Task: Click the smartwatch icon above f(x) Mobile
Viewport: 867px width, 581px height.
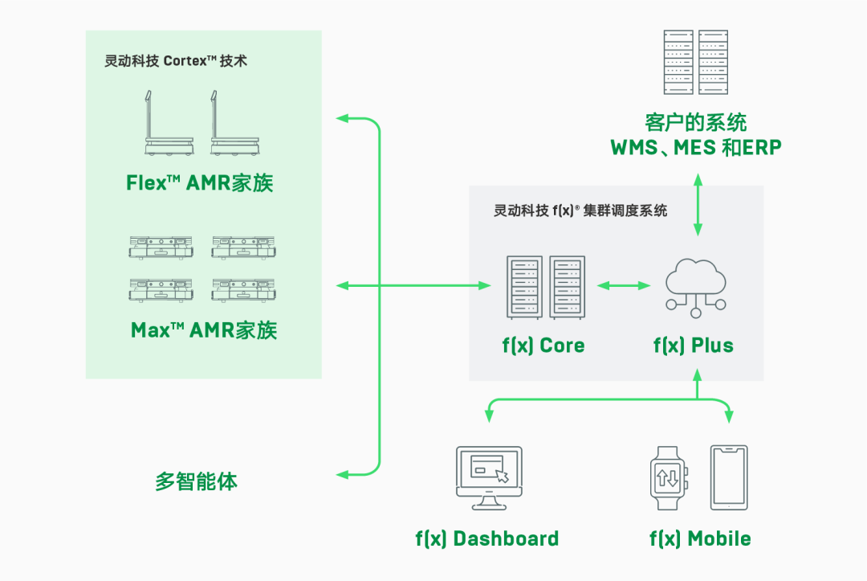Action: (668, 477)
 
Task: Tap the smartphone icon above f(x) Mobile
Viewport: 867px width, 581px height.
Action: (729, 477)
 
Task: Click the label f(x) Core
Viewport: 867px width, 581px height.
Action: (543, 346)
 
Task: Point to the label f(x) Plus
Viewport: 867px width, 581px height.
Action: (694, 346)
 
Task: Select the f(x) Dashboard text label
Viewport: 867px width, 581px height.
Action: (486, 538)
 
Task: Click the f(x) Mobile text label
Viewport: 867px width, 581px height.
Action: (700, 538)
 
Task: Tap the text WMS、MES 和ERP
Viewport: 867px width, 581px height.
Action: (696, 148)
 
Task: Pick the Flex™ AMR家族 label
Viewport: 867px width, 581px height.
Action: (200, 183)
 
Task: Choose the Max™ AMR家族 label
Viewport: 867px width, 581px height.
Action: (204, 330)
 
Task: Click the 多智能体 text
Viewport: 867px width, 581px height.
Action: (196, 482)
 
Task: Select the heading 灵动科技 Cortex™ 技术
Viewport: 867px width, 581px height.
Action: (176, 61)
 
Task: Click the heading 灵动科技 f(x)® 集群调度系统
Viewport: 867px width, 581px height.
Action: (580, 211)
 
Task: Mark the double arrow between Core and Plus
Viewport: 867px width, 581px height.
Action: (623, 285)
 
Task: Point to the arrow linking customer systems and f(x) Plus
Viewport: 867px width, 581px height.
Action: (696, 208)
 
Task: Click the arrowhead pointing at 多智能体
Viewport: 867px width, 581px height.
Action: (342, 474)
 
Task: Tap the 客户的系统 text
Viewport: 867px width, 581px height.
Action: (695, 122)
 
